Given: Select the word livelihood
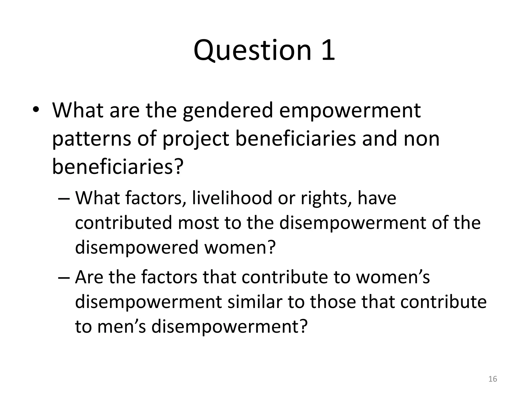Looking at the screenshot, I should (x=232, y=198).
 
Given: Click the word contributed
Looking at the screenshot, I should (x=123, y=223).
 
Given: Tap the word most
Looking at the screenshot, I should (x=198, y=223).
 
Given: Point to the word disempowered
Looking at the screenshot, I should (x=137, y=248).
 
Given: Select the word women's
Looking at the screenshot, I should (x=393, y=277).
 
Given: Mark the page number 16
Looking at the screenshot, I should (x=493, y=379).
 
